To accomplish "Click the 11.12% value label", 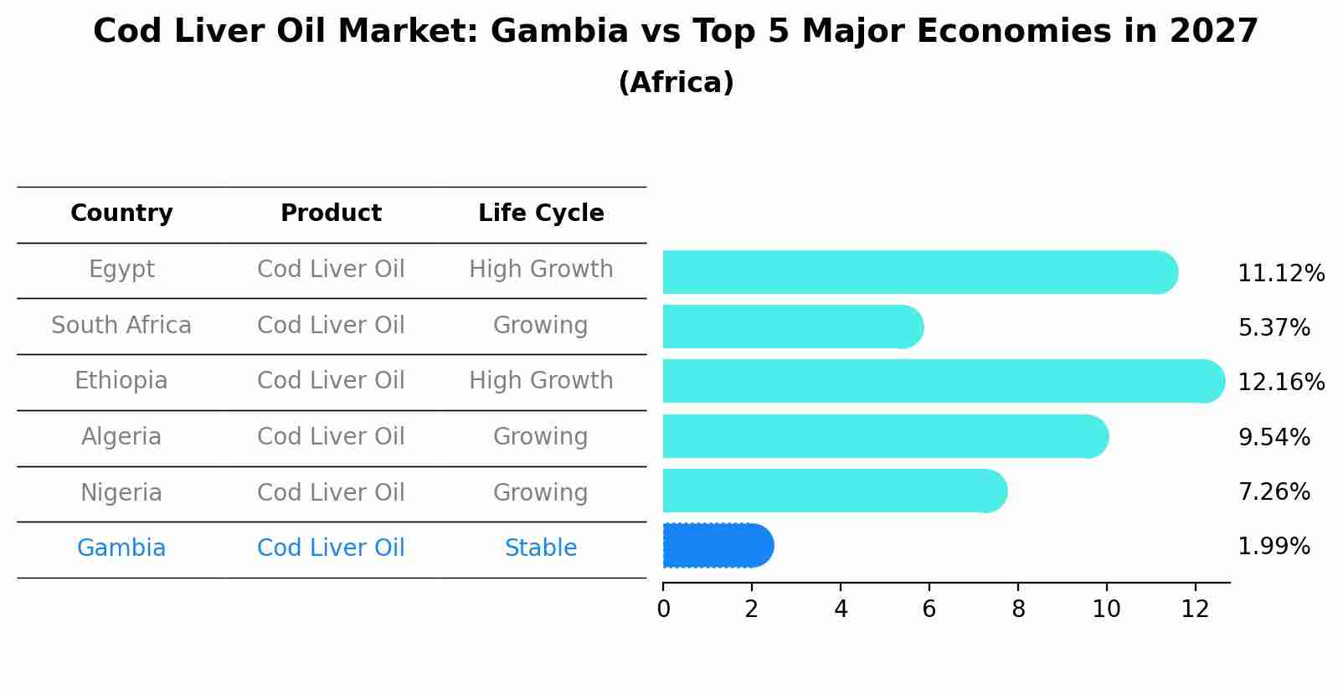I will (1280, 274).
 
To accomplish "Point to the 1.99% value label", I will (1274, 547).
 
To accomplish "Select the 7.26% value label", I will (1274, 491).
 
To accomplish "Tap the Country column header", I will (121, 213).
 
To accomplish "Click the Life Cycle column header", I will (541, 213).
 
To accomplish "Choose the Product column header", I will (331, 213).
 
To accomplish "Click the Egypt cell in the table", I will (121, 270).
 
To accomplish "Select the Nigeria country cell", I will (121, 492).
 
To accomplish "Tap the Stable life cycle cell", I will (541, 548).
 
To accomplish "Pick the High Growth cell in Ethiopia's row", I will (541, 381).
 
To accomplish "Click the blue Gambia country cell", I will (121, 548).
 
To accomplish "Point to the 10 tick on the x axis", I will (1106, 609).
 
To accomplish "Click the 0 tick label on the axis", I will (663, 609).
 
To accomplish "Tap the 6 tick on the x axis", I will (929, 609).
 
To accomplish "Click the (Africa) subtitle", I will (676, 83).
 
